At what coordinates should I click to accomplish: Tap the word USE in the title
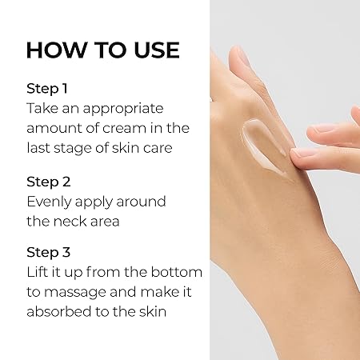tap(157, 50)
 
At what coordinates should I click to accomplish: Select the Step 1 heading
tap(47, 88)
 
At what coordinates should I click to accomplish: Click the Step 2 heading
tap(49, 182)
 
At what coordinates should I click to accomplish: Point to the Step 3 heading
tap(49, 252)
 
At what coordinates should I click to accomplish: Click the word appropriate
tap(123, 110)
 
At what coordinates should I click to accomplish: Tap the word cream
tap(125, 128)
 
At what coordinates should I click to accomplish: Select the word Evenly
tap(50, 202)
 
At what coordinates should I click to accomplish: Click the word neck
tap(70, 221)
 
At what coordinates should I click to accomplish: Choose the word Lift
tap(36, 272)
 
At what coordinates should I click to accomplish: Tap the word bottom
tap(177, 272)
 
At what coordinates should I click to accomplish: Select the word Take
tap(42, 108)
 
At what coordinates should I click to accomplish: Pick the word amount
tap(54, 128)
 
